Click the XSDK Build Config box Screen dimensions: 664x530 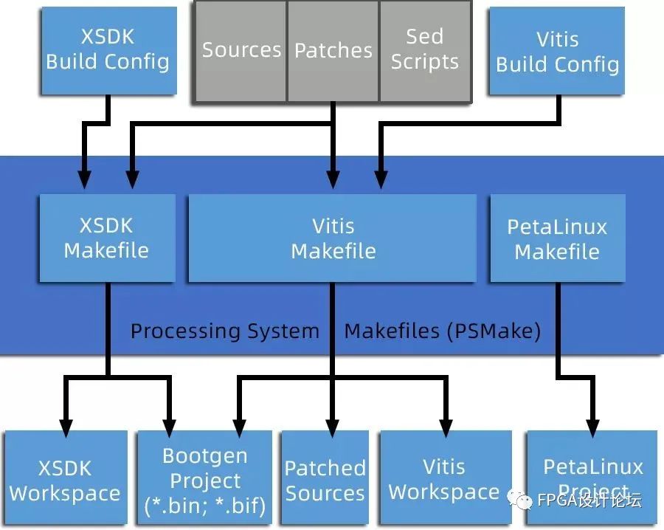109,51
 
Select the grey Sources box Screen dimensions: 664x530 241,51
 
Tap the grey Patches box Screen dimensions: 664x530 333,51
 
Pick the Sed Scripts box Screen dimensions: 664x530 425,51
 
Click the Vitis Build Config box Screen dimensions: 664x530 557,51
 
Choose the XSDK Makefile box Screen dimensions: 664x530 107,238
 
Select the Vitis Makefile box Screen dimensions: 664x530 333,238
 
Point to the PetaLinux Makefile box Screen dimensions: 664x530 558,238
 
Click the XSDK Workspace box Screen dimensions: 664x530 66,478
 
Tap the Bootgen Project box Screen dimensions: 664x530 205,478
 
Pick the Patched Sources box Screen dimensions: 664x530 325,478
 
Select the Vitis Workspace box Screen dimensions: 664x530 446,478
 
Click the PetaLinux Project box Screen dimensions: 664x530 592,478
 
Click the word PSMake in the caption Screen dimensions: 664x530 494,331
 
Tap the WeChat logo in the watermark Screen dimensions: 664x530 520,500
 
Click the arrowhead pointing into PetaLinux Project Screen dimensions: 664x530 592,428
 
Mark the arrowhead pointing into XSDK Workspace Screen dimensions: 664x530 66,428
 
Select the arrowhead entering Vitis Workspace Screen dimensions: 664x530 446,428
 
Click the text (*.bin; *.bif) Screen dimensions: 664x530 205,506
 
